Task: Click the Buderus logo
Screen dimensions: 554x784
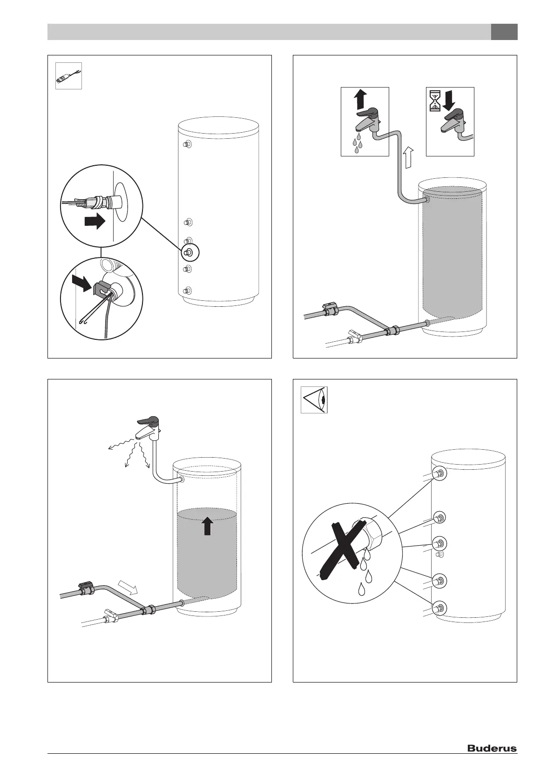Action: [492, 748]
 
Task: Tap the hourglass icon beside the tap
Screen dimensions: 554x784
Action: [435, 101]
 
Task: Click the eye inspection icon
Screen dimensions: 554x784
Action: [315, 399]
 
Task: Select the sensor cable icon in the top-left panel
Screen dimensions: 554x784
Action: [68, 76]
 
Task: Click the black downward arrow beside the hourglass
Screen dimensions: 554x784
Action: [449, 100]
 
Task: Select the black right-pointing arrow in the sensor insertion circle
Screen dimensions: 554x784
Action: [95, 222]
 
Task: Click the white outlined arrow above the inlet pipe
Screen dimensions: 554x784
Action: [128, 587]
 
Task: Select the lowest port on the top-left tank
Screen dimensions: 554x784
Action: [187, 291]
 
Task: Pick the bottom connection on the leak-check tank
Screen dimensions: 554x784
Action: [439, 608]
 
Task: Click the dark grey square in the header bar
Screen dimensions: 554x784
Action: [504, 32]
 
